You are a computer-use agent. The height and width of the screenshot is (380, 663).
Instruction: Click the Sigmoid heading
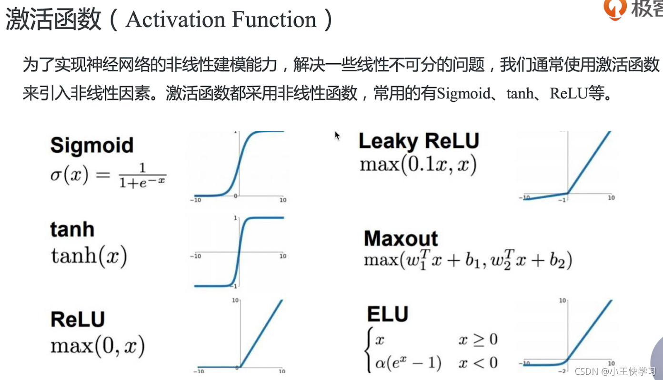click(92, 146)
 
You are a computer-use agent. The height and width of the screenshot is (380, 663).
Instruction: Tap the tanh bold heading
click(72, 229)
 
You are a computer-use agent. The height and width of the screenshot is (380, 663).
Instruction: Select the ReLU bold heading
click(78, 319)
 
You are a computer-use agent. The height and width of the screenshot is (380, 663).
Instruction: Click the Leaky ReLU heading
click(419, 141)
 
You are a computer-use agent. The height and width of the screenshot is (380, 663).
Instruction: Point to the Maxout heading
click(401, 238)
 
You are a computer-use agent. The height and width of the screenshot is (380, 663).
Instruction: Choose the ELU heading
click(388, 314)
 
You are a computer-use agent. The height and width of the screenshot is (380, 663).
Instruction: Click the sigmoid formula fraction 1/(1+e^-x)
click(142, 175)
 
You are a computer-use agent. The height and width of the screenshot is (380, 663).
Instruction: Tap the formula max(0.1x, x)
click(418, 164)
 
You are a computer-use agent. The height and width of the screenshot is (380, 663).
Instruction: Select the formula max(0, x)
click(98, 345)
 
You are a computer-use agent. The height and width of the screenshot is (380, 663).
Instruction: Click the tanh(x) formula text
click(89, 256)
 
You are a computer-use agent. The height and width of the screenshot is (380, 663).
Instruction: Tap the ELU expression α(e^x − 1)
click(408, 362)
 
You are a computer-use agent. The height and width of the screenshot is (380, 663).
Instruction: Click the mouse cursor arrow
click(337, 136)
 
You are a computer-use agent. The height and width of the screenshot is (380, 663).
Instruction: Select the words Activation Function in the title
click(221, 19)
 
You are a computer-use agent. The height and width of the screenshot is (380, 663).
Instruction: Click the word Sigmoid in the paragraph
click(464, 93)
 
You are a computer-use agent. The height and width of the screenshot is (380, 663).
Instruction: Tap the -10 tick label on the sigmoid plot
click(196, 200)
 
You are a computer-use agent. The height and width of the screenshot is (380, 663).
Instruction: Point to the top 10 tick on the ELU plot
click(563, 301)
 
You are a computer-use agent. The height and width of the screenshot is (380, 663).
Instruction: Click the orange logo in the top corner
click(615, 9)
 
